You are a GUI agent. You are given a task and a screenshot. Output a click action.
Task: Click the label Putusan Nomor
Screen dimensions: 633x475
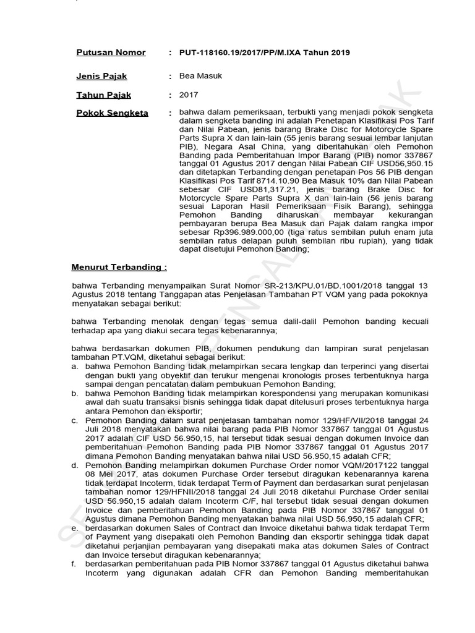111,53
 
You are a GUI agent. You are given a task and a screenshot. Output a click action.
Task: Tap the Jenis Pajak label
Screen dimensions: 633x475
101,76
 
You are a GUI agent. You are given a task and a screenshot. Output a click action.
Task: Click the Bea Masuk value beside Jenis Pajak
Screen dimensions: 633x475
200,76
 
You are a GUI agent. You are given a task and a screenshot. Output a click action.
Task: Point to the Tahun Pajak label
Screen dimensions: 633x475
103,95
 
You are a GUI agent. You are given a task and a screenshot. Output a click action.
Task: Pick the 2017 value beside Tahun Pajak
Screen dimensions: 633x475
189,95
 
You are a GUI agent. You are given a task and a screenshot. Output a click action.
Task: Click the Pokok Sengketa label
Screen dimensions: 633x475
112,113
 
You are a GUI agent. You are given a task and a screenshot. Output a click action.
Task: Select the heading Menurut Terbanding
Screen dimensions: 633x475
119,267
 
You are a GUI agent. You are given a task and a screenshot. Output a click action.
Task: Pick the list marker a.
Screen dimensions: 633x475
74,366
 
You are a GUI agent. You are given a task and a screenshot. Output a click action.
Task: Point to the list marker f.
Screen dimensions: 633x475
74,564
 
